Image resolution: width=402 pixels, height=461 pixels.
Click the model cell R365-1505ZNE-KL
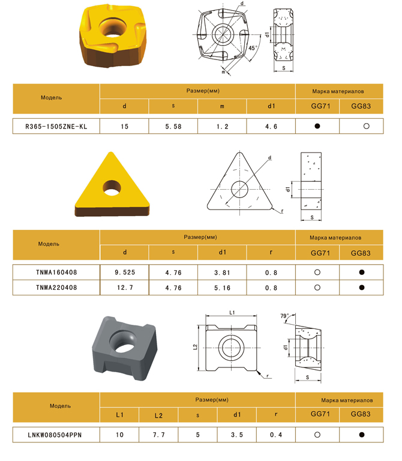point(56,127)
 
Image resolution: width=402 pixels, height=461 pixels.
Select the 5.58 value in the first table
point(173,127)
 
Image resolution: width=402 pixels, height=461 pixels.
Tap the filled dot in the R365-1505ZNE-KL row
point(317,126)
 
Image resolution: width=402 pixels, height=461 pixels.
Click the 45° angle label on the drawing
point(253,48)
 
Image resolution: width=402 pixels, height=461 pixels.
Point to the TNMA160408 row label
point(56,273)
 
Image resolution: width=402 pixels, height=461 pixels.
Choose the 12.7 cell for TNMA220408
point(125,288)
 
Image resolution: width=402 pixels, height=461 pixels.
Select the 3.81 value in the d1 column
point(222,273)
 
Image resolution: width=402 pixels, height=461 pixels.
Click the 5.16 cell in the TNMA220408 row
point(222,288)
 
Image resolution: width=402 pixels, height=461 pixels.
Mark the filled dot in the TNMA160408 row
point(362,273)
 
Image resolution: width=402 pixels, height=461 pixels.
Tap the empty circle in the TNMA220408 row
point(317,288)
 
